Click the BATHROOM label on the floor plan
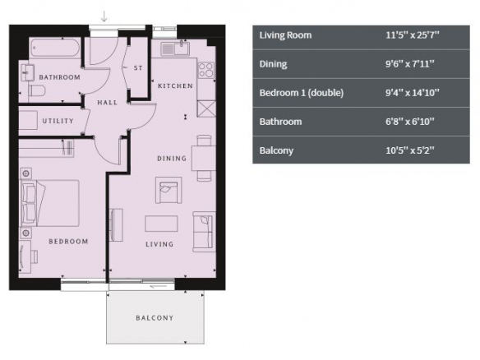[x=60, y=77]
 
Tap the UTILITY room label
[x=58, y=121]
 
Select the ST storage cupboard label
[x=138, y=68]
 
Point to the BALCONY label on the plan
[x=155, y=318]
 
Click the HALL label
[x=108, y=102]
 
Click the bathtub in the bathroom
[x=55, y=47]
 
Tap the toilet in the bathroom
[x=37, y=90]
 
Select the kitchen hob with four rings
[x=206, y=70]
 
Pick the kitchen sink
[x=175, y=48]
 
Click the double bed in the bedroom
[x=50, y=203]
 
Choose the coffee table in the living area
[x=161, y=224]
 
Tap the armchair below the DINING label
[x=168, y=190]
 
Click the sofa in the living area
[x=203, y=232]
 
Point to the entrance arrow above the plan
[x=104, y=16]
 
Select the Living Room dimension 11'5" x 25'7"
[x=412, y=35]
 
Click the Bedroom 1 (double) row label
[x=302, y=93]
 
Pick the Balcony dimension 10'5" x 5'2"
[x=409, y=150]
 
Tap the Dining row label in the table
[x=274, y=64]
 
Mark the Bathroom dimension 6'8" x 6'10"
[x=409, y=122]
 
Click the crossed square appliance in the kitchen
[x=206, y=108]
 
